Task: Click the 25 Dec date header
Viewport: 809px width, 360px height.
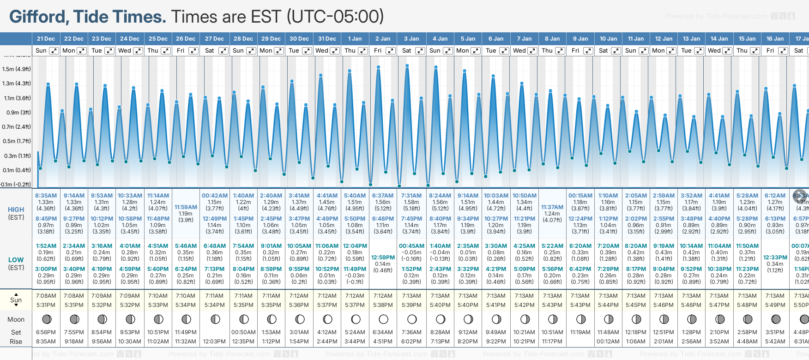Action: pos(158,39)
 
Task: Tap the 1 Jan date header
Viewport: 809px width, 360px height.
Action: pos(355,39)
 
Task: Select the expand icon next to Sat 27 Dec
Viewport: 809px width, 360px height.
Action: pos(223,51)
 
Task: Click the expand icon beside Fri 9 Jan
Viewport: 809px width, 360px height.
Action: pos(588,51)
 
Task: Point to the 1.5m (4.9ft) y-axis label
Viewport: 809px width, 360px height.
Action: pos(17,69)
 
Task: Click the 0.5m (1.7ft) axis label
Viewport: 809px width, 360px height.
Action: pos(17,141)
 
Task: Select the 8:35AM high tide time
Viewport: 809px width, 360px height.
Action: pos(46,196)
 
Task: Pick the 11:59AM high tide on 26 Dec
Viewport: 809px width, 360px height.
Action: pos(186,207)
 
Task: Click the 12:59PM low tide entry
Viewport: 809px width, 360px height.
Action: pos(383,258)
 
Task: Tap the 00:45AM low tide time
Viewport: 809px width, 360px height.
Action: pos(411,246)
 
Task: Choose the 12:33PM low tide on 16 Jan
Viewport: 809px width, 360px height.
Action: pos(775,258)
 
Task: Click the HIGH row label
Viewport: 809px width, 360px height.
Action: pos(16,210)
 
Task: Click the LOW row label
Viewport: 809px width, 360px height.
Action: pos(16,260)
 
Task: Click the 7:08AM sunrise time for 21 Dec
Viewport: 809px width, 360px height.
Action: pos(46,296)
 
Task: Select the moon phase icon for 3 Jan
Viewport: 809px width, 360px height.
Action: pos(412,319)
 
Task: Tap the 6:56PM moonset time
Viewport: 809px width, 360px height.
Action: pos(46,332)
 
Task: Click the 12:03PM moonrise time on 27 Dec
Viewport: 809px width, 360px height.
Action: pos(215,342)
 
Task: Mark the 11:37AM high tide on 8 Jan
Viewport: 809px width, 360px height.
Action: pos(552,207)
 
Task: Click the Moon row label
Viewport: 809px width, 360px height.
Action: pos(16,319)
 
